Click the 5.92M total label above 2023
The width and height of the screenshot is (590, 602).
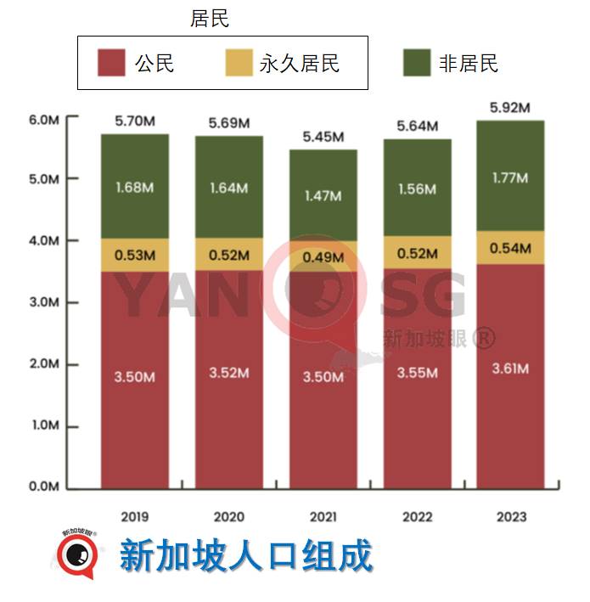click(510, 109)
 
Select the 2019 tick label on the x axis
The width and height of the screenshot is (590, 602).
click(135, 516)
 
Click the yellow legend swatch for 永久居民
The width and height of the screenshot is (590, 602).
click(239, 63)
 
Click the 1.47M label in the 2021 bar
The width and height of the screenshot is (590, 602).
click(323, 196)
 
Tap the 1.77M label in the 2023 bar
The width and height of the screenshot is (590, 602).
click(510, 178)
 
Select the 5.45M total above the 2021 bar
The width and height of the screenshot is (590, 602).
click(323, 138)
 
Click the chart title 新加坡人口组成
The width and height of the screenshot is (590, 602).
click(246, 556)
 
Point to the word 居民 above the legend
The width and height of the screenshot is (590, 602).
click(210, 19)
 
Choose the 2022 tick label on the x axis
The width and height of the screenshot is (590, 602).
click(417, 516)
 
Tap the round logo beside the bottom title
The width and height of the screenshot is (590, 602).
click(77, 554)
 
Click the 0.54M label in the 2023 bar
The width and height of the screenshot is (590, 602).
click(510, 249)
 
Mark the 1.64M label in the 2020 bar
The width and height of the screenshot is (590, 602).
click(229, 188)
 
